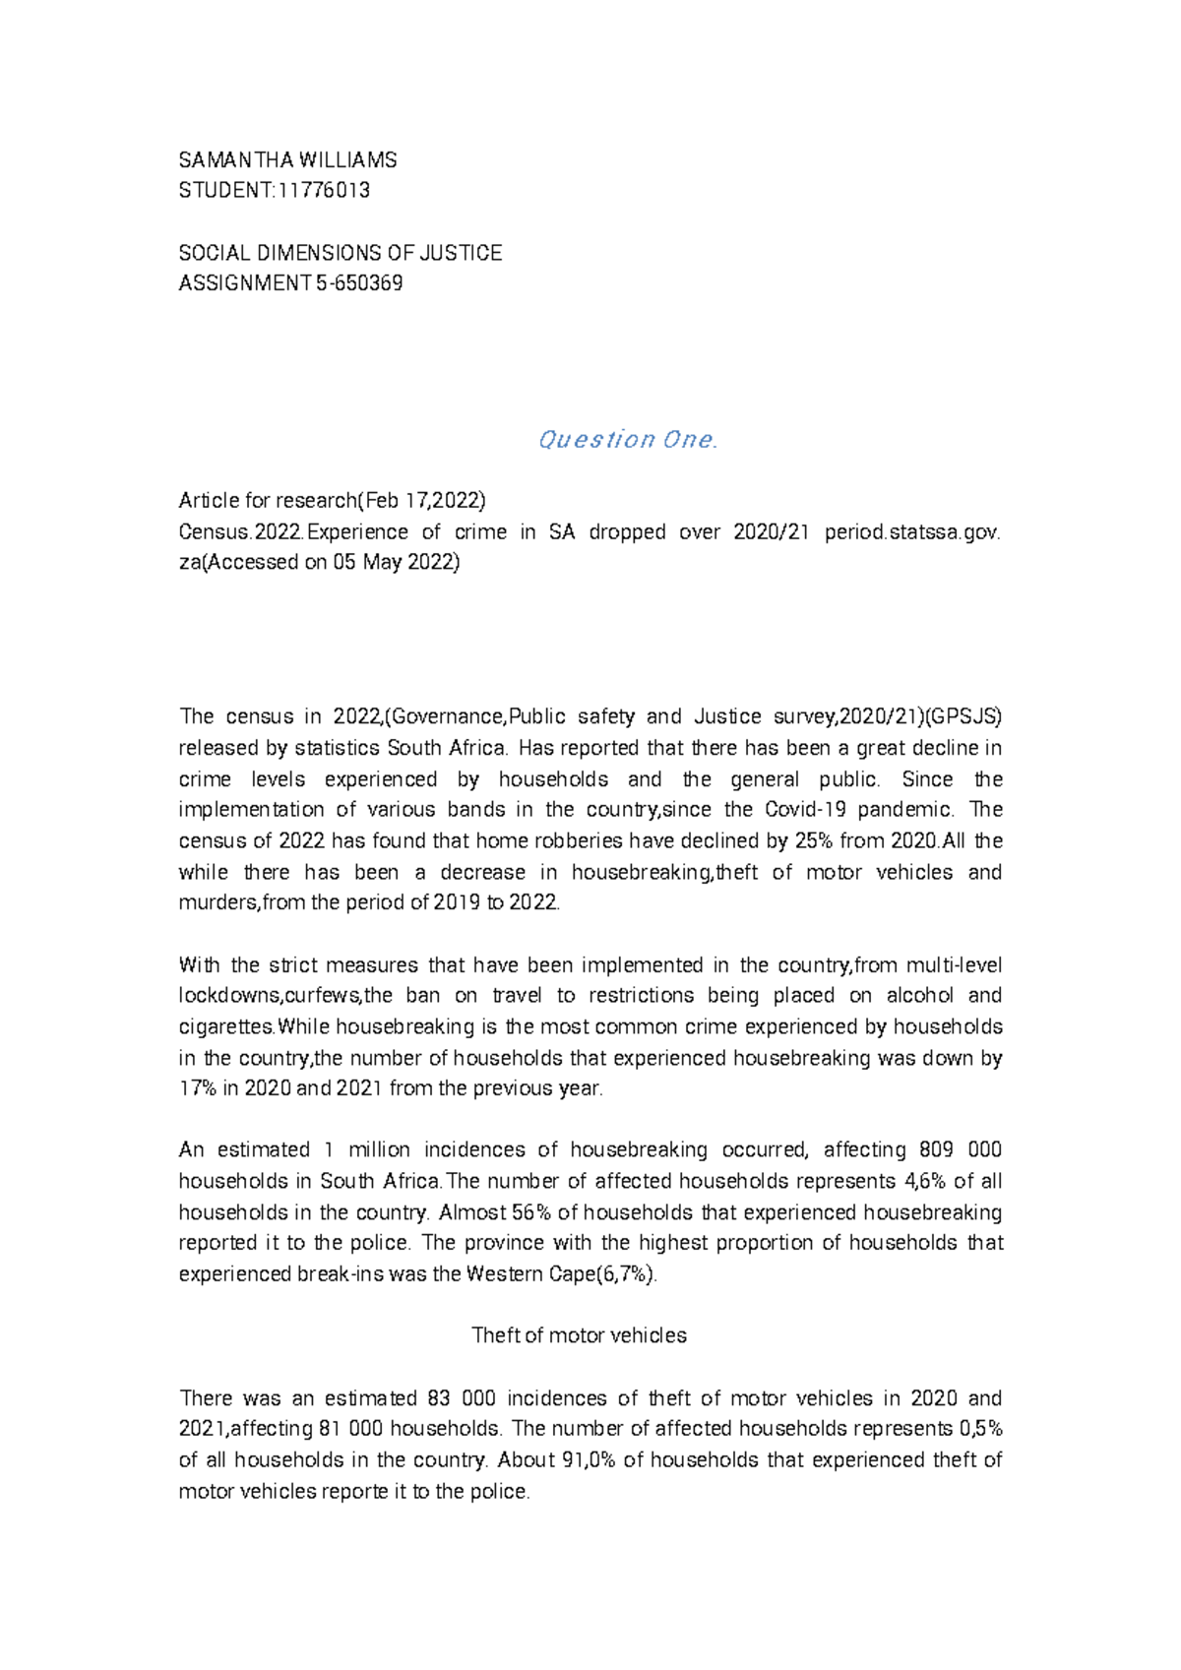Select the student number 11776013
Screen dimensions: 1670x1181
tap(324, 191)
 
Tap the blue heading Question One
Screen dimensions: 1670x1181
tap(627, 440)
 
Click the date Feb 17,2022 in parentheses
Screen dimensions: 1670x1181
tap(422, 501)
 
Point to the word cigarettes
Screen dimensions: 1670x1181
tap(225, 1027)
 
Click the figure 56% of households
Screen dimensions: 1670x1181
tap(531, 1212)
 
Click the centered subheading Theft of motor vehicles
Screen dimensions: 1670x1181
tap(579, 1336)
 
